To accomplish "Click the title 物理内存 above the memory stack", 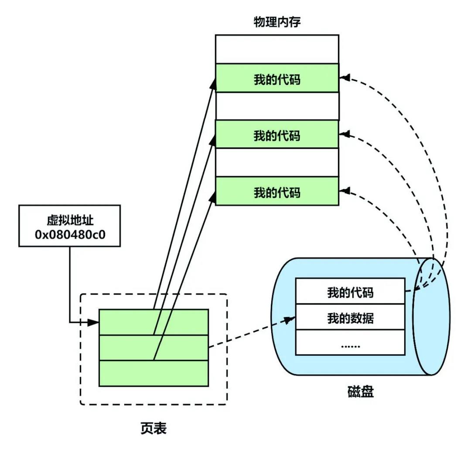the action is click(277, 22).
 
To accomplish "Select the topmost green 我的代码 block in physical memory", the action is click(277, 78).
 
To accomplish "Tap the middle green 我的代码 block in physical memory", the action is click(277, 134).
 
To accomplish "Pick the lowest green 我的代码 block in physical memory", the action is click(277, 191).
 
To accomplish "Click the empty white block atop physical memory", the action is click(277, 49).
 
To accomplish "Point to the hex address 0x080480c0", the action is click(70, 235).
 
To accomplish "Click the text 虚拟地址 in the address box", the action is click(70, 220).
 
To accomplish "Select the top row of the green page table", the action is click(154, 322).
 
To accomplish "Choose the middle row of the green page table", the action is click(154, 348).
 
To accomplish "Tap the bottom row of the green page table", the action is click(154, 373).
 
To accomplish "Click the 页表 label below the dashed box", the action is click(154, 428).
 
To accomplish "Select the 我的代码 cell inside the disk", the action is click(350, 291).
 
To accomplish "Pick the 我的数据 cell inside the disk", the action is click(350, 317).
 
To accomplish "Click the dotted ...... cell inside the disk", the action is click(350, 342).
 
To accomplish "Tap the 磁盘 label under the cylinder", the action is click(361, 392).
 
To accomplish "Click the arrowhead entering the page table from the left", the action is click(94, 322).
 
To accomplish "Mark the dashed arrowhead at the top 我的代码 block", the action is click(345, 78).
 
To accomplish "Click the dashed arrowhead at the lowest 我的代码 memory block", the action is click(345, 191).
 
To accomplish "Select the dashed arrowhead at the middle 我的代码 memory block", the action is click(345, 134).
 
